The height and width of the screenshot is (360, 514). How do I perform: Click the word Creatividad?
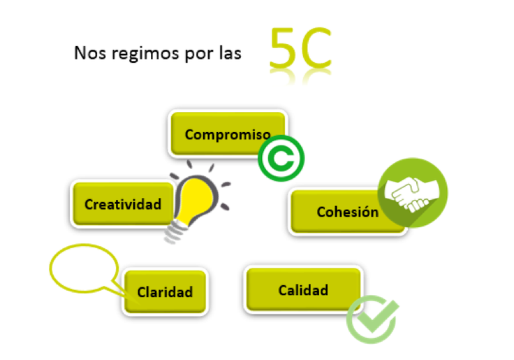(x=123, y=204)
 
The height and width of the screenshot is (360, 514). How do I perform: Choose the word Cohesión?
(x=347, y=212)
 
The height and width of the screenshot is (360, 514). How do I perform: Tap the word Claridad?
(x=165, y=291)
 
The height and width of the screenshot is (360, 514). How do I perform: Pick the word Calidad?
(x=303, y=289)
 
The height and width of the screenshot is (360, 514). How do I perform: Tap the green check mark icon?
(x=373, y=319)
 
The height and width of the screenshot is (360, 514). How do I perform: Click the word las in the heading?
(x=230, y=54)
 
